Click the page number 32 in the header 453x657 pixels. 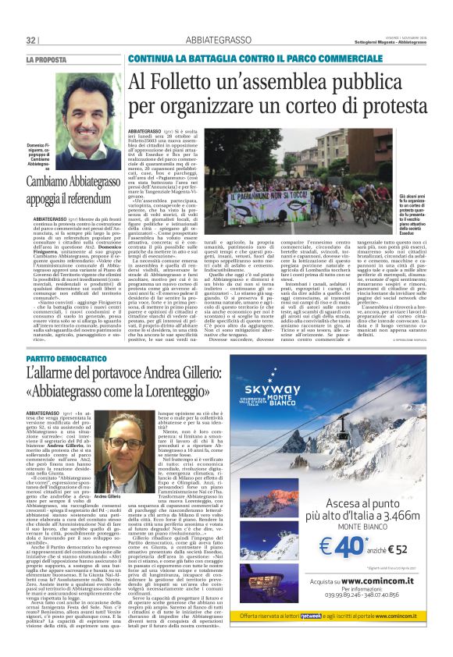[x=32, y=41]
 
